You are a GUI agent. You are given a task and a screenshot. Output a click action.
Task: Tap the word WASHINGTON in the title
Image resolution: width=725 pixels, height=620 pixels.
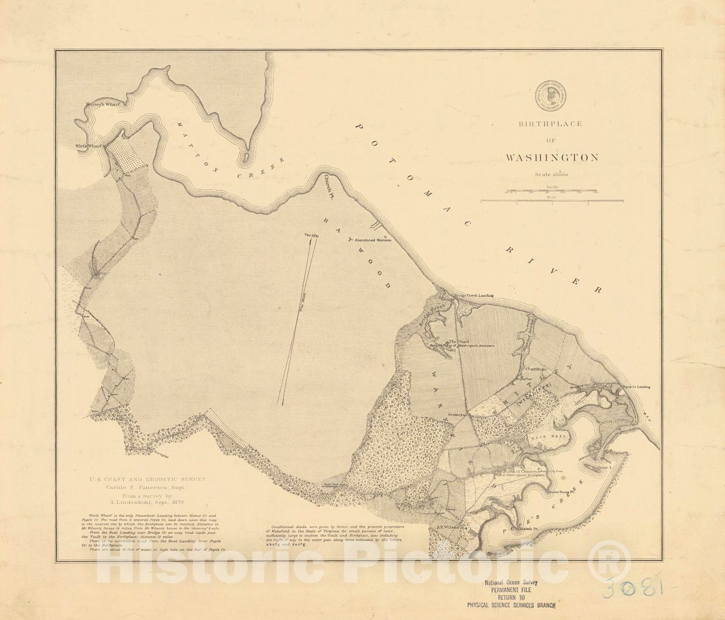(x=552, y=158)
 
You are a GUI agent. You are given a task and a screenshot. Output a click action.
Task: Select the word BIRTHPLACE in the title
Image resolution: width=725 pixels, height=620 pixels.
(x=551, y=124)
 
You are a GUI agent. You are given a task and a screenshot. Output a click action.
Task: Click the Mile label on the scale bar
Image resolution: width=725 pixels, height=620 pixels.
(x=552, y=198)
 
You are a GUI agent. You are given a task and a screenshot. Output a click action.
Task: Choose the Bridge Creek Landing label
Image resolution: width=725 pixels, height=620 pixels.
(x=474, y=295)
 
